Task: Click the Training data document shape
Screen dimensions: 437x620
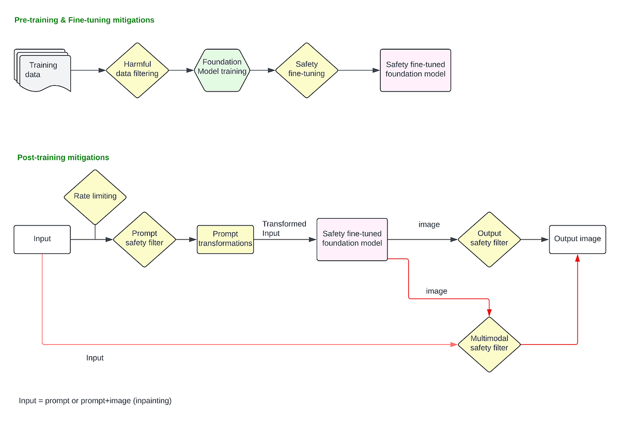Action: (x=43, y=70)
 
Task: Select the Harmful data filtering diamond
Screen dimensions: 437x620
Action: (x=137, y=69)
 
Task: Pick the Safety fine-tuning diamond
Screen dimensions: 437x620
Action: (x=306, y=69)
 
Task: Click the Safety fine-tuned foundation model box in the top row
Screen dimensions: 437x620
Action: (x=415, y=70)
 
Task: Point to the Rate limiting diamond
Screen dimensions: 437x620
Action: (x=95, y=196)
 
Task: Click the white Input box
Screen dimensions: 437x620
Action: (x=42, y=239)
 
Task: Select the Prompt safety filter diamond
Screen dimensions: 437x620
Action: (x=145, y=238)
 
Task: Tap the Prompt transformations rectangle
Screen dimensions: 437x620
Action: (x=225, y=239)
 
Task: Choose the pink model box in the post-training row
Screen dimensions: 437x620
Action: (x=352, y=239)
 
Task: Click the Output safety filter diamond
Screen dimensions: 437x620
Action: (x=489, y=238)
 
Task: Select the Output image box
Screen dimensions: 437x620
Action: (x=577, y=239)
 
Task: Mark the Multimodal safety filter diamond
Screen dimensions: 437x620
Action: (x=489, y=343)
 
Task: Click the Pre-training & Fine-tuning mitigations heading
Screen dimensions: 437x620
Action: (x=84, y=20)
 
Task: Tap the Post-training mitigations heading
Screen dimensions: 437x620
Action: (x=63, y=158)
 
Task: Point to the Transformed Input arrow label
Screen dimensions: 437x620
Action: (x=284, y=229)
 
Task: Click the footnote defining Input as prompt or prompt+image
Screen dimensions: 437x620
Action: (x=95, y=401)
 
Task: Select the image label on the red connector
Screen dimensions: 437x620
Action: (x=436, y=291)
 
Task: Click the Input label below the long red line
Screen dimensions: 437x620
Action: (x=95, y=358)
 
